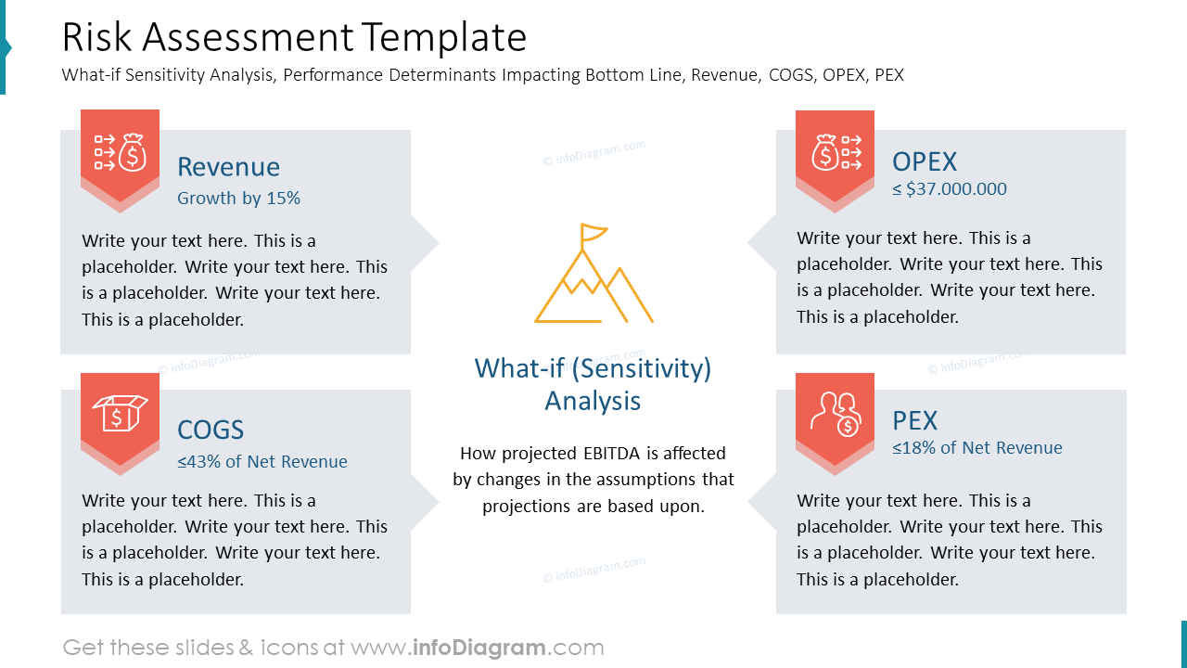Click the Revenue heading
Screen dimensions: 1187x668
tap(228, 167)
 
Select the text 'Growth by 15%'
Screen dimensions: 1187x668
tap(238, 199)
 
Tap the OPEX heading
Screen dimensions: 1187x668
tap(925, 161)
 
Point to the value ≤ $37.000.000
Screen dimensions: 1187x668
tap(950, 188)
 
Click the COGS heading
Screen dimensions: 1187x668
tap(211, 430)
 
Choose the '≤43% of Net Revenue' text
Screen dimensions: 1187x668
tap(262, 461)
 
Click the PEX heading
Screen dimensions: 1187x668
tap(915, 421)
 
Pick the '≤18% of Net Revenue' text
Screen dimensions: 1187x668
tap(977, 448)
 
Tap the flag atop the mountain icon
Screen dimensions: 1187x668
tap(593, 233)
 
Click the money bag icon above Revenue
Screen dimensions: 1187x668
tap(133, 153)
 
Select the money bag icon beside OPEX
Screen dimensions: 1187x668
tap(825, 153)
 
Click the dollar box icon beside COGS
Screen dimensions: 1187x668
tap(121, 413)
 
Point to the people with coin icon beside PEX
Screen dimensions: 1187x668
tap(836, 414)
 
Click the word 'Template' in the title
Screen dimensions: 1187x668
tap(445, 38)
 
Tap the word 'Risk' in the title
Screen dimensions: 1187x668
tap(96, 38)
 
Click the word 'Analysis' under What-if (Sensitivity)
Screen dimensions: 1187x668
tap(593, 401)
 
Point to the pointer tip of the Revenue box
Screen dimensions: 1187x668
tap(439, 243)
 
